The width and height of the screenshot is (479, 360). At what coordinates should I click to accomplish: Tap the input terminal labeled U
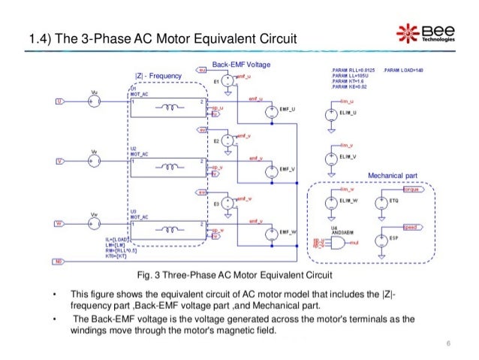click(58, 101)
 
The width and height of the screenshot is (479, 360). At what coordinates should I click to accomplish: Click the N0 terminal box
click(59, 262)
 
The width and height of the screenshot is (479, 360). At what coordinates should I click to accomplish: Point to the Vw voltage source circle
click(93, 224)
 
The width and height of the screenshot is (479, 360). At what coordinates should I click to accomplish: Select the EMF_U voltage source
click(270, 113)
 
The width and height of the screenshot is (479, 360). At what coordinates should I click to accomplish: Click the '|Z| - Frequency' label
click(158, 76)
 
